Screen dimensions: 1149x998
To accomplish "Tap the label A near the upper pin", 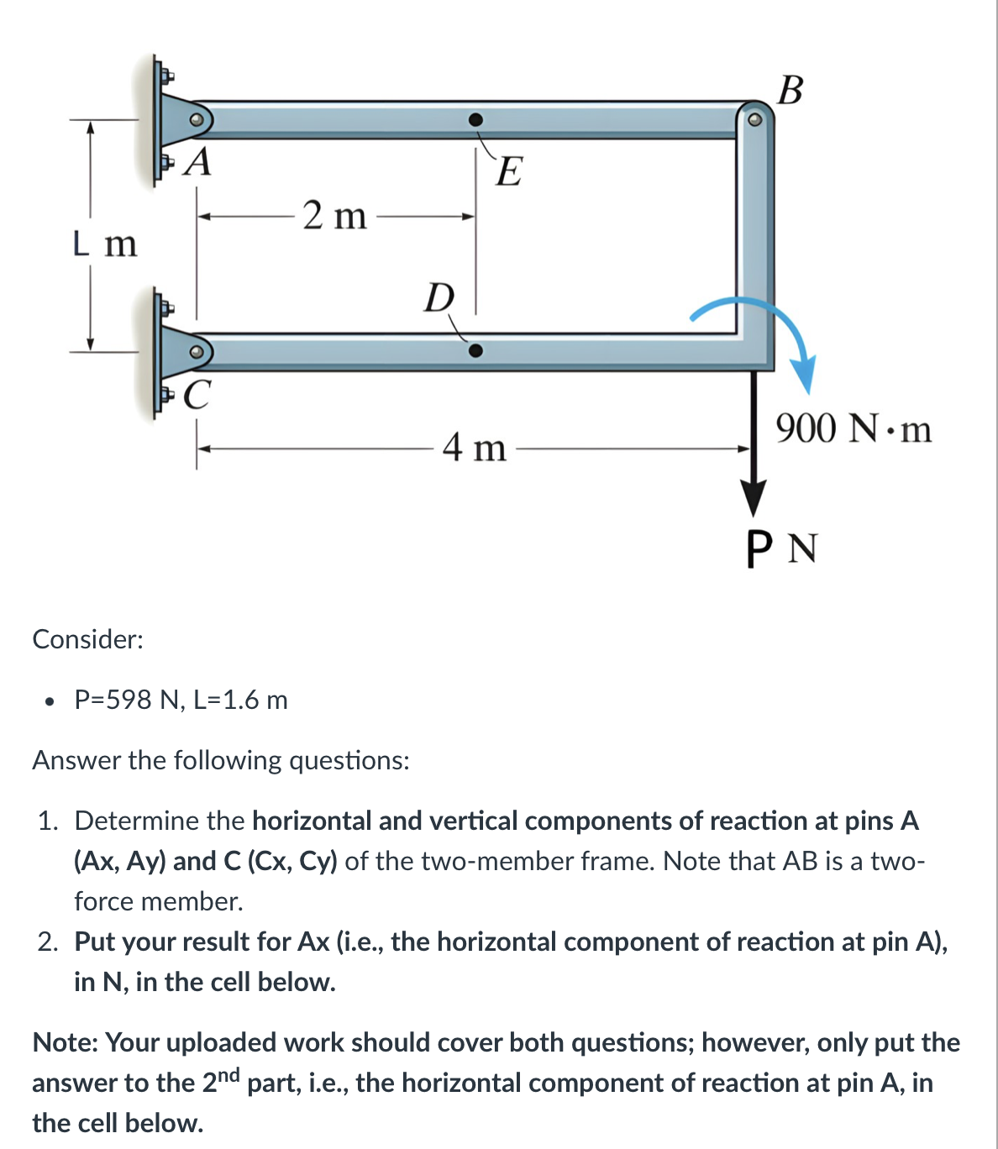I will (198, 161).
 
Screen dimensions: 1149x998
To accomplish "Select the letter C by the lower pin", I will (197, 394).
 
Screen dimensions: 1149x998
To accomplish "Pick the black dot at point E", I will (475, 120).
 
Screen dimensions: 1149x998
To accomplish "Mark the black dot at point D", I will (475, 350).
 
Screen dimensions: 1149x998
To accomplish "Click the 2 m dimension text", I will (335, 216).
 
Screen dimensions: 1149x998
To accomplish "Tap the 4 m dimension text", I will (475, 447).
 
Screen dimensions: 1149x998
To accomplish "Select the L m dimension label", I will (104, 244).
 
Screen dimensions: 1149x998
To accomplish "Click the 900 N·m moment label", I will (854, 429).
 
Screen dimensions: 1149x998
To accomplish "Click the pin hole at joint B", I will (754, 120).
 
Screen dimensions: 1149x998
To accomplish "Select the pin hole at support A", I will (196, 120).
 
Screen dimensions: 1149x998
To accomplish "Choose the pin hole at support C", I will (196, 351).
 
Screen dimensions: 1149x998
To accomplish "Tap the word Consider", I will (87, 639).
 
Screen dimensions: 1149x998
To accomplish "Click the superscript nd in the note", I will (229, 1074).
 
